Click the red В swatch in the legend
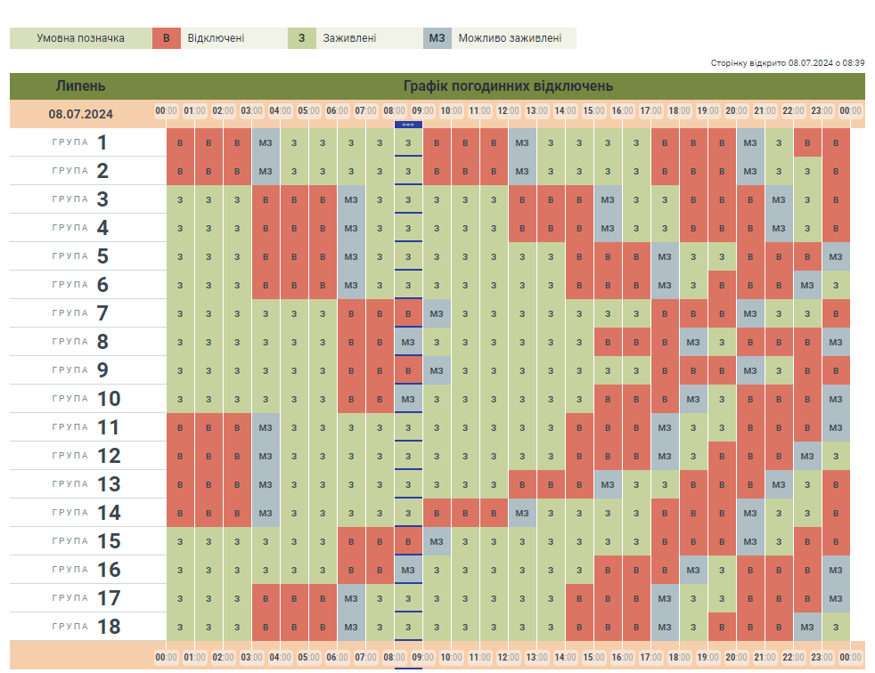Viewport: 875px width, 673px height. [x=166, y=38]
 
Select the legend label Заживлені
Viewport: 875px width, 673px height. [x=349, y=38]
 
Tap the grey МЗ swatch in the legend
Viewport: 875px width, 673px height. [x=437, y=38]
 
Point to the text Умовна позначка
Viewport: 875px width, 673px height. [x=80, y=38]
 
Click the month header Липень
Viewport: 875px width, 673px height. [x=80, y=86]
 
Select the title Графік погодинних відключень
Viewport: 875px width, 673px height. [x=508, y=86]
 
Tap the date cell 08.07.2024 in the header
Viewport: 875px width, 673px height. [x=80, y=113]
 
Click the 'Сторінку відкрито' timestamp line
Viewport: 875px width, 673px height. [x=788, y=63]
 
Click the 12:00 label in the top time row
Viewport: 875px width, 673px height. [x=508, y=111]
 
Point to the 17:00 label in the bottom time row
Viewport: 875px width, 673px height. [x=650, y=658]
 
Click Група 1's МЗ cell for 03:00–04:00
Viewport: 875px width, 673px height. [x=266, y=142]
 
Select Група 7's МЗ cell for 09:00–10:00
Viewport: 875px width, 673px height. [x=437, y=313]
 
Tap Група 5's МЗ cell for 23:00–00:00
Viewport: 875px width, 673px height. [x=836, y=256]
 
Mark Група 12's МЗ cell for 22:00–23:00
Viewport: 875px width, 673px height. [x=807, y=456]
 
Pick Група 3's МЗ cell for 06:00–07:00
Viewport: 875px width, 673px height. [x=351, y=199]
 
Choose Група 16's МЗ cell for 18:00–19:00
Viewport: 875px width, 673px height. [x=693, y=570]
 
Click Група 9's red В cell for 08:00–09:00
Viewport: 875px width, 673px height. [x=408, y=370]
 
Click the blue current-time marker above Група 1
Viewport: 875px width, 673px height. [x=408, y=125]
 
